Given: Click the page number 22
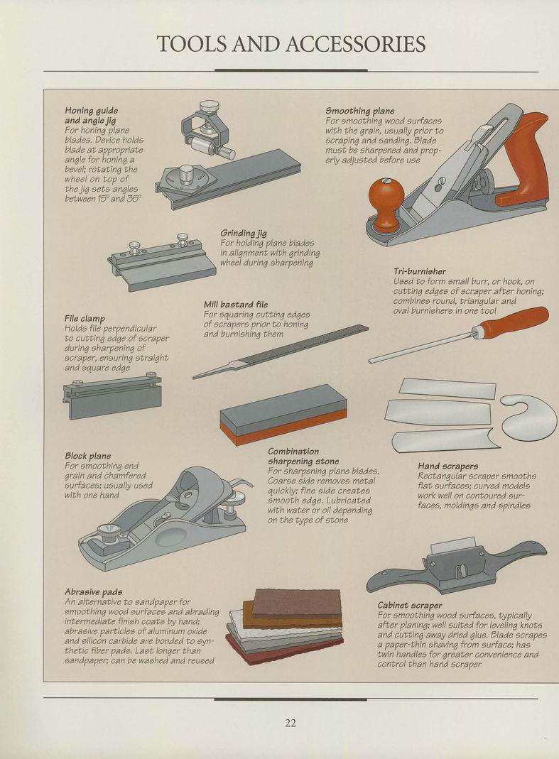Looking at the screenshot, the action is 291,723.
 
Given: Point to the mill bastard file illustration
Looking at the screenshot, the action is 281,352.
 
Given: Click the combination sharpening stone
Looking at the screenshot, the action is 283,415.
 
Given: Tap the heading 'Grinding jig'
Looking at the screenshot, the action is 244,234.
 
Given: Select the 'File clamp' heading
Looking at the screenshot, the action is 85,319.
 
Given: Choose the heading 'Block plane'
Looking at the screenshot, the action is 88,456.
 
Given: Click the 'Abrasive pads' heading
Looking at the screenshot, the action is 94,592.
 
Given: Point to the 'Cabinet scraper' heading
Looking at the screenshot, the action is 410,605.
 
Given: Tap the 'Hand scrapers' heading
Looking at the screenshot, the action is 448,466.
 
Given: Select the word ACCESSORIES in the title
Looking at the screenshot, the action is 356,44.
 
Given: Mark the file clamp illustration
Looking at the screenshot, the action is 112,396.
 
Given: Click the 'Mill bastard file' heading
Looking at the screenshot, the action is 236,305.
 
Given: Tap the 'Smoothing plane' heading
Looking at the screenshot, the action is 360,111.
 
